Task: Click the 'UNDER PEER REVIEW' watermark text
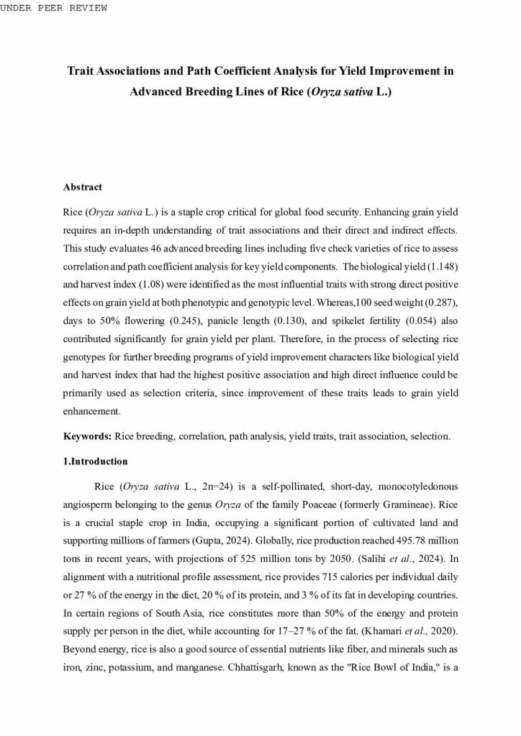tap(54, 8)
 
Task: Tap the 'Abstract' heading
tap(83, 187)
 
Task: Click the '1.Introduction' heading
tap(96, 461)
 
